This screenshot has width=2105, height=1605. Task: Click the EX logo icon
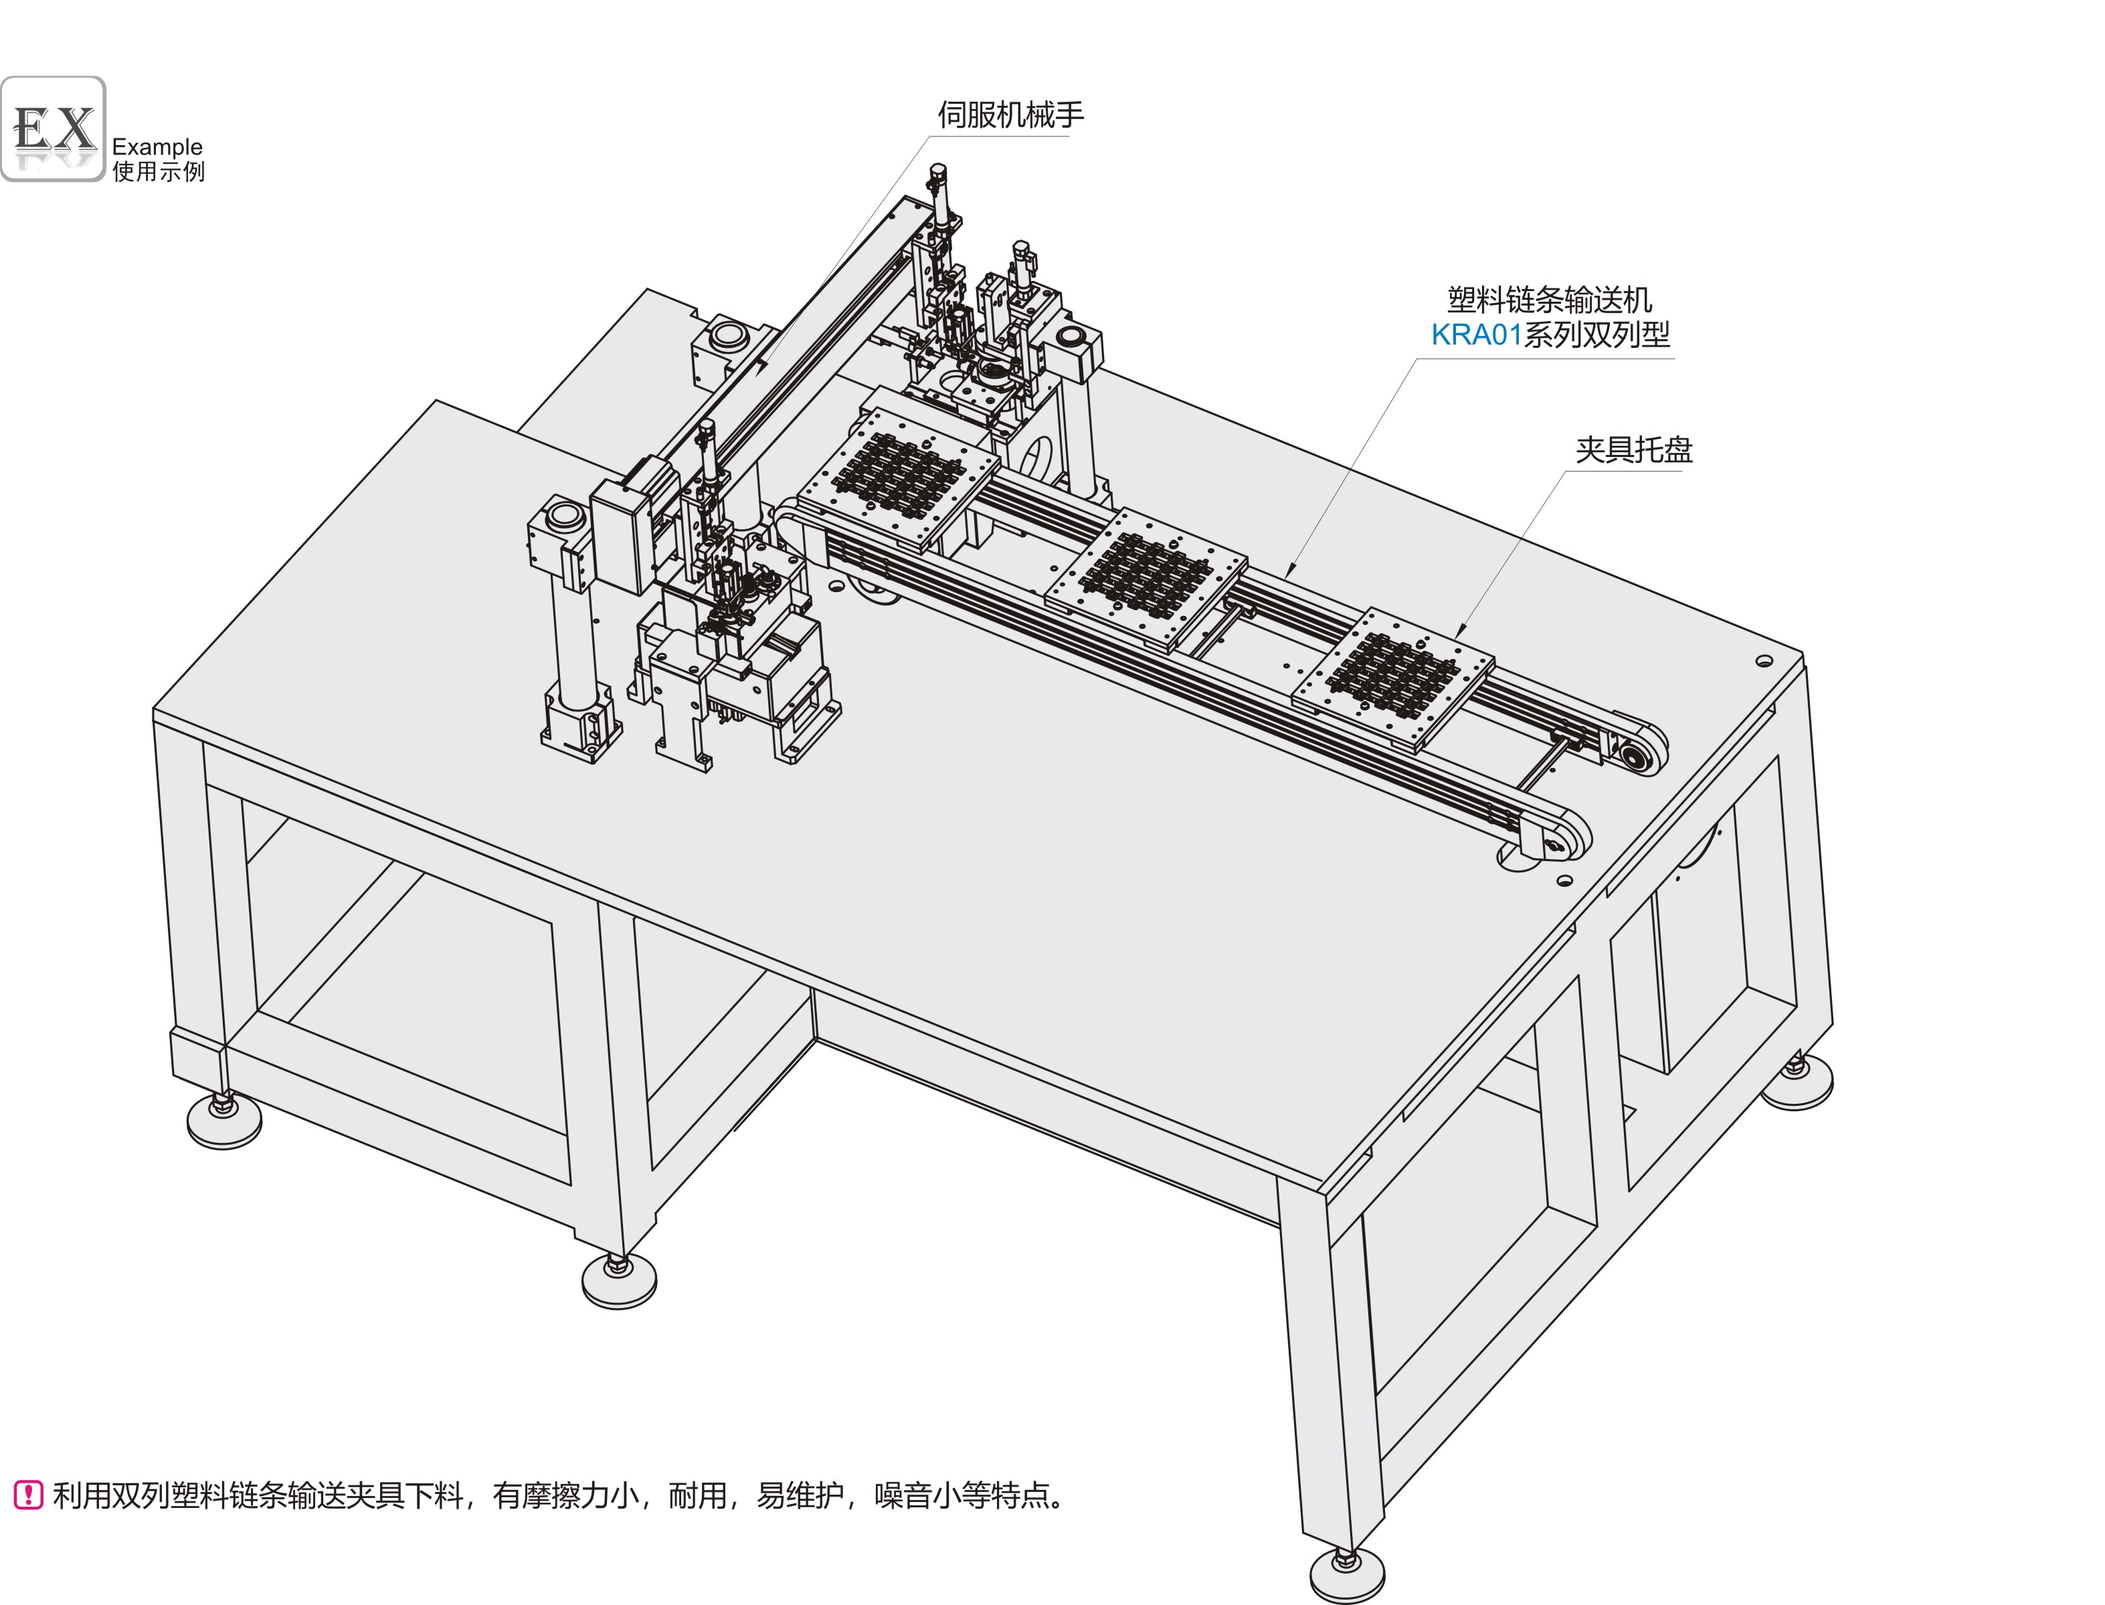click(x=53, y=129)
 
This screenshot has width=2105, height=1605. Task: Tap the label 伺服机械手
click(x=1011, y=114)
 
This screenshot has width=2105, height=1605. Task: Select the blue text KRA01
click(x=1476, y=335)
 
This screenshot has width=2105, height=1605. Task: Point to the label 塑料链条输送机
click(x=1550, y=300)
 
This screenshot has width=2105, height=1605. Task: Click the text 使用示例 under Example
click(x=159, y=172)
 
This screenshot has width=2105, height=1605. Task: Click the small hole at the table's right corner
click(x=1764, y=661)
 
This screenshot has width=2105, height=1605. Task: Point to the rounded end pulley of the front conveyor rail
click(x=1558, y=841)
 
